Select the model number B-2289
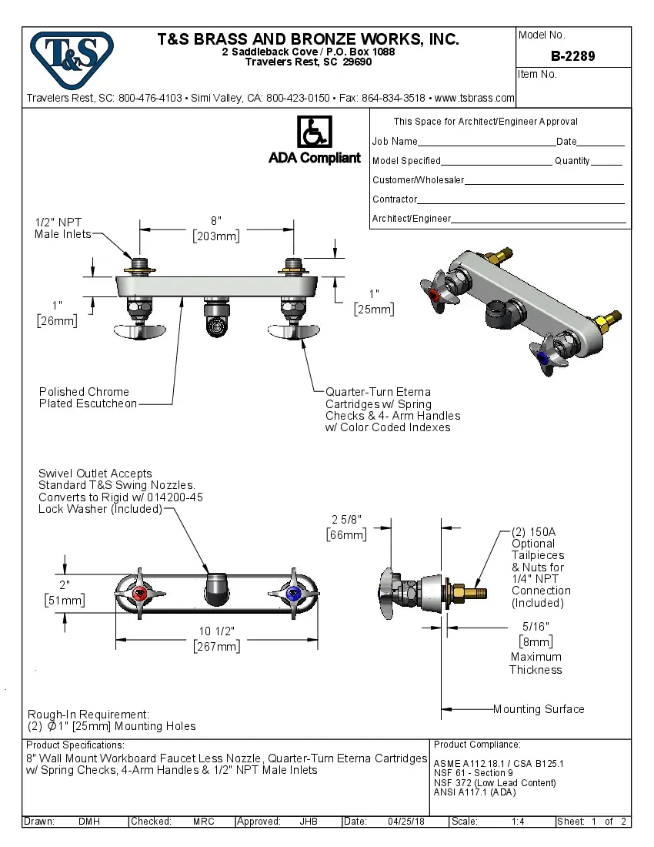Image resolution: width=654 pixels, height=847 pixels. click(572, 56)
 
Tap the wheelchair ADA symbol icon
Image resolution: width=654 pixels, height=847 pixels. click(314, 132)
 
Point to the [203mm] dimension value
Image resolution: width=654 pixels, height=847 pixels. click(215, 236)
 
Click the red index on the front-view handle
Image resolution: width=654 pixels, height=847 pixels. click(140, 594)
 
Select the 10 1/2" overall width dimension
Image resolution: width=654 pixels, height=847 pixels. click(216, 631)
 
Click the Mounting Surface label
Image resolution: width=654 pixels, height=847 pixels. click(538, 709)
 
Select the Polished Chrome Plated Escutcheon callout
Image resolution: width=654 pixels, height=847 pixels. click(88, 397)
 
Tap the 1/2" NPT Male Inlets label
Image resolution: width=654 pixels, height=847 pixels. click(63, 228)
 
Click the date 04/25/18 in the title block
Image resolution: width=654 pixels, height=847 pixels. click(406, 822)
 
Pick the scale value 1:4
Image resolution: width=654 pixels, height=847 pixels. click(518, 822)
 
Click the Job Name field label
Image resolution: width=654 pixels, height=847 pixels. click(395, 142)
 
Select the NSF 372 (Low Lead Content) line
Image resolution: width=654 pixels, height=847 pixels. click(495, 782)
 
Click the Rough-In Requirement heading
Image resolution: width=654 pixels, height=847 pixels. click(88, 715)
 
